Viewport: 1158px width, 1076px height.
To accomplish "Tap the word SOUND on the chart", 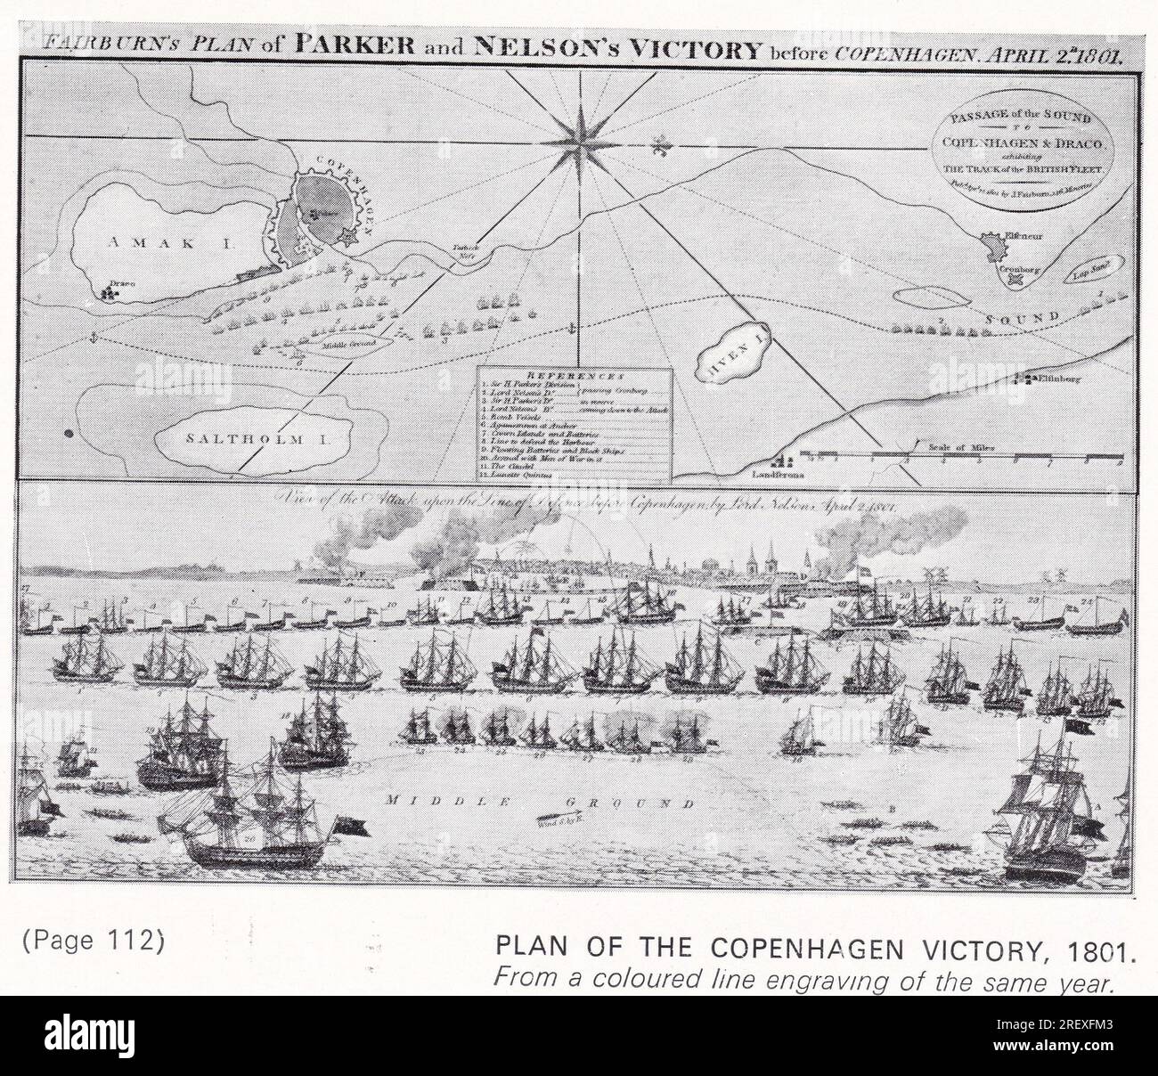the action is [x=1022, y=318].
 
